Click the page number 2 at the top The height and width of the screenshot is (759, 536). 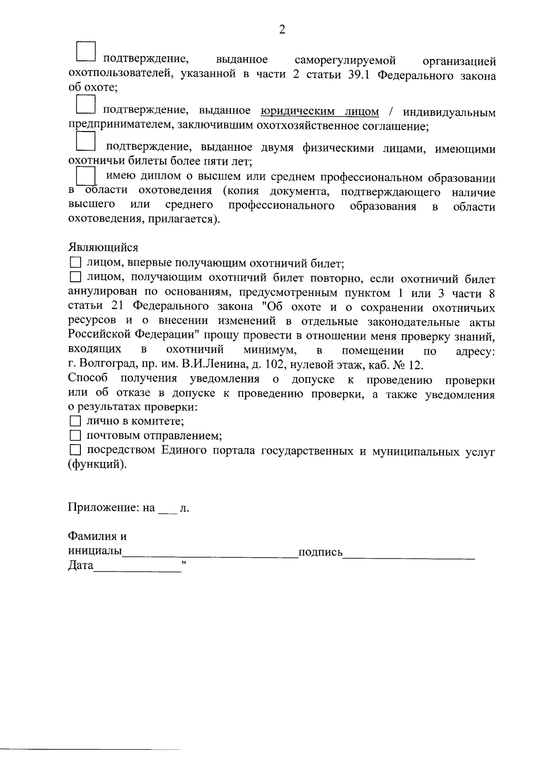(282, 30)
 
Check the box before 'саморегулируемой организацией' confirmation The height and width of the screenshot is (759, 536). (85, 51)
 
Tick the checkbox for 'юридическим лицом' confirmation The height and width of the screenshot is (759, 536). (85, 104)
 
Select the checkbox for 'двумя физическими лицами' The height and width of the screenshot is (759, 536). (85, 140)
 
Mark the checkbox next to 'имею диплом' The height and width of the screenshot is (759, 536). (85, 176)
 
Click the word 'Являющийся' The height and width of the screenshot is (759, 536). (103, 247)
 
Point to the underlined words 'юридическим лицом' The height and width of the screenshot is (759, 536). (320, 111)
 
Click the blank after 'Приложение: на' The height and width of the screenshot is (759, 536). (167, 509)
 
